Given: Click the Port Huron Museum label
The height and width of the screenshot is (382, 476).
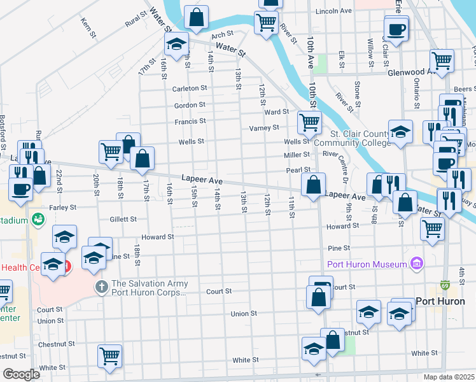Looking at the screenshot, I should point(367,264).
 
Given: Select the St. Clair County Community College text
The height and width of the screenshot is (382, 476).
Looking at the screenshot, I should point(360,138).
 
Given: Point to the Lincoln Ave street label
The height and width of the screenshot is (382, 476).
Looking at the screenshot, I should point(333,11).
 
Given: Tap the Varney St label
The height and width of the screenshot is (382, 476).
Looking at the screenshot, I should point(268,127).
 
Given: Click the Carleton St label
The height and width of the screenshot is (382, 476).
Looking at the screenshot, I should point(190,88).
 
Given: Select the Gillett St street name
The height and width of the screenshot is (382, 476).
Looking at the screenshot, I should point(123,219).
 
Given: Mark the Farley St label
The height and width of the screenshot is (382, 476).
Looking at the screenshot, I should point(62,207).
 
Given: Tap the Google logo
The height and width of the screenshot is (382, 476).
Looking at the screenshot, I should point(21,374).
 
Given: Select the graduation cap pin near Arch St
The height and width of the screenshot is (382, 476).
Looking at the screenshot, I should point(176,44).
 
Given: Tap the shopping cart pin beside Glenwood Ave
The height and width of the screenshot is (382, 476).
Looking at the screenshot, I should point(441,61).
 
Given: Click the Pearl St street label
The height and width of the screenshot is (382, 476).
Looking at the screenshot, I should point(298,170).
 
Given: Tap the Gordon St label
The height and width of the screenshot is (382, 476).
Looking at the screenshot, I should point(190,104).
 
